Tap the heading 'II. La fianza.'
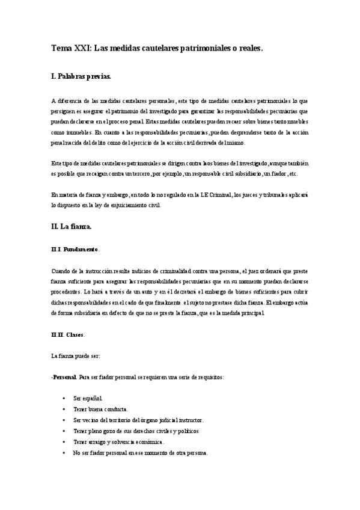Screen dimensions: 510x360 point(71,227)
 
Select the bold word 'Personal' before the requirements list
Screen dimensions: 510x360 point(64,377)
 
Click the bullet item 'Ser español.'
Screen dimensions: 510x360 point(88,399)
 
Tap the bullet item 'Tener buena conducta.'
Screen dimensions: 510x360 point(100,410)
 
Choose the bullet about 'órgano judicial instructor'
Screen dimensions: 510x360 point(138,420)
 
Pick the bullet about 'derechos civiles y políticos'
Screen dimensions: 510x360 point(136,431)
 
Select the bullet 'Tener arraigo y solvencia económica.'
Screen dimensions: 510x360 point(118,442)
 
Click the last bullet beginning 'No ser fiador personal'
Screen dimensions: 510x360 point(140,453)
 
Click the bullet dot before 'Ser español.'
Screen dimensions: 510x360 point(64,399)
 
